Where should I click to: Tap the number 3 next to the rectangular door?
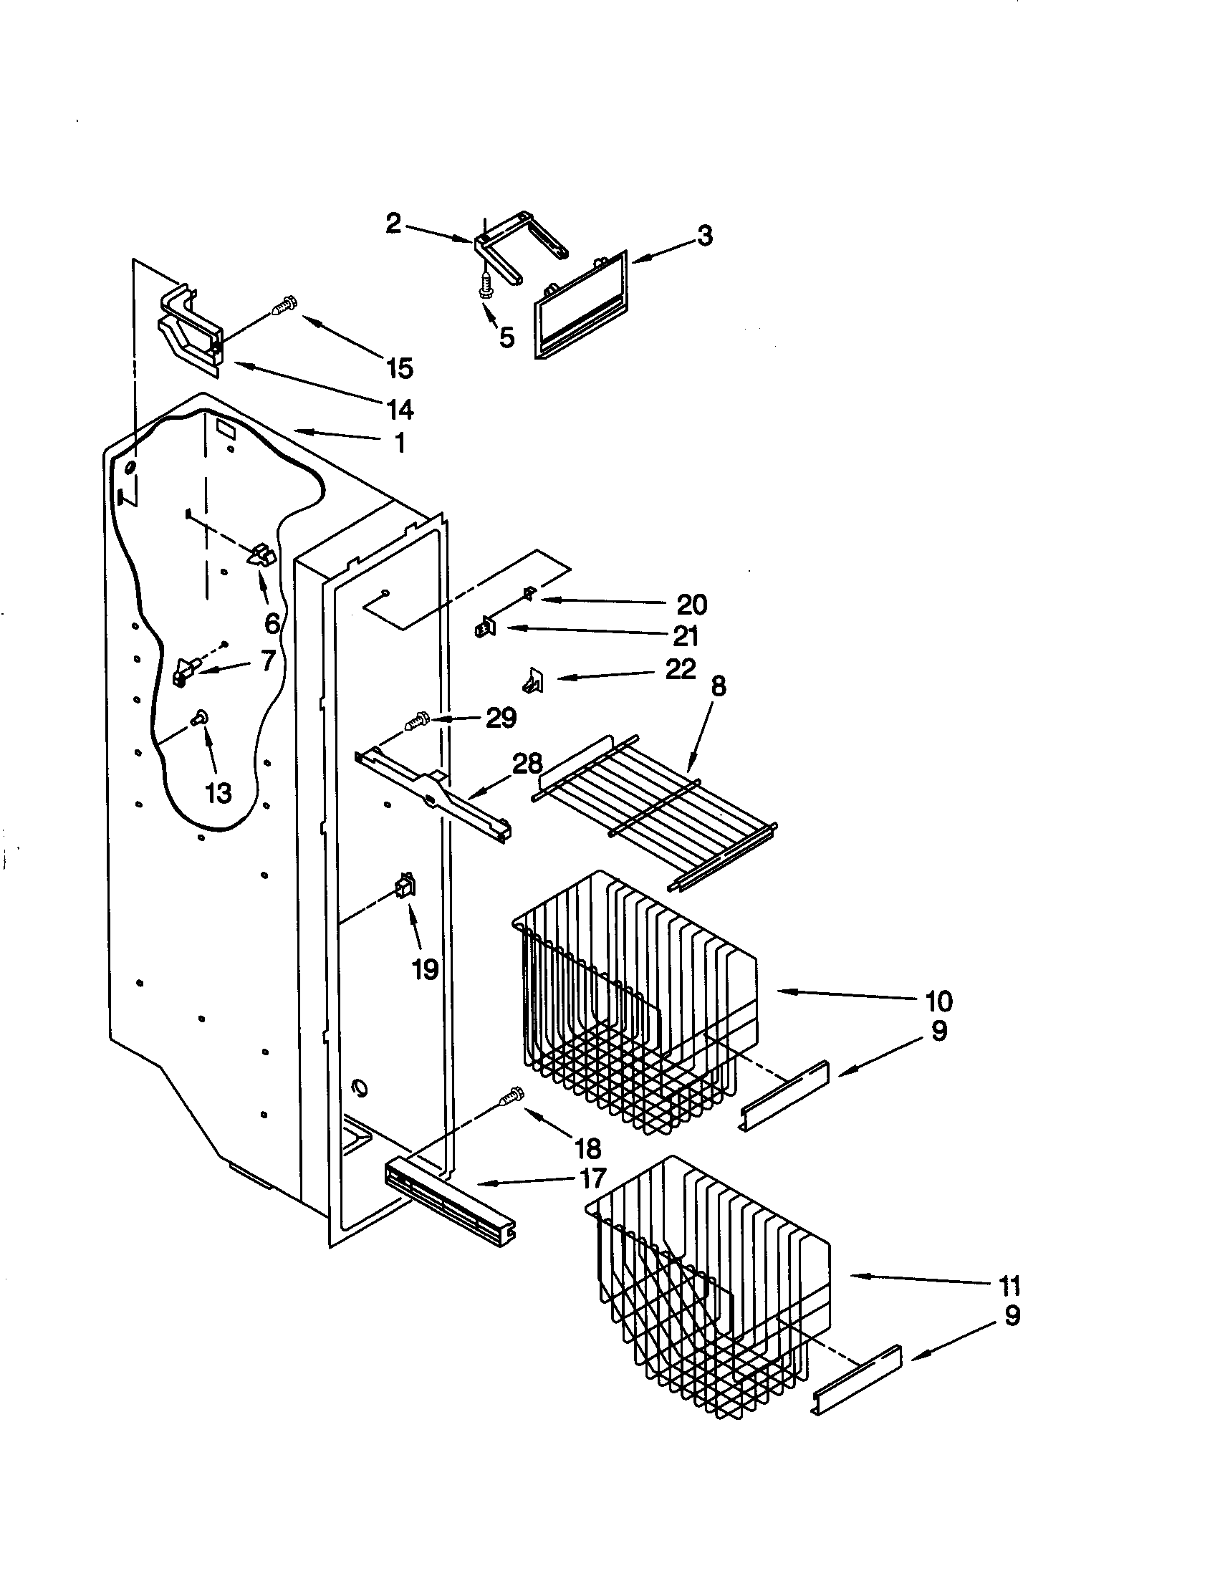[705, 235]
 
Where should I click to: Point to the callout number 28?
[527, 764]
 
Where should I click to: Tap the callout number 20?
[691, 604]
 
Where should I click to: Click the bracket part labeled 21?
[486, 628]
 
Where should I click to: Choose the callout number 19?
[425, 969]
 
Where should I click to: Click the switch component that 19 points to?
[405, 885]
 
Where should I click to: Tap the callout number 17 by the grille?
[592, 1178]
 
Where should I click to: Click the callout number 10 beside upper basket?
[938, 1001]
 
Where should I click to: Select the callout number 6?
[272, 623]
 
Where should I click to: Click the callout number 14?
[400, 409]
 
